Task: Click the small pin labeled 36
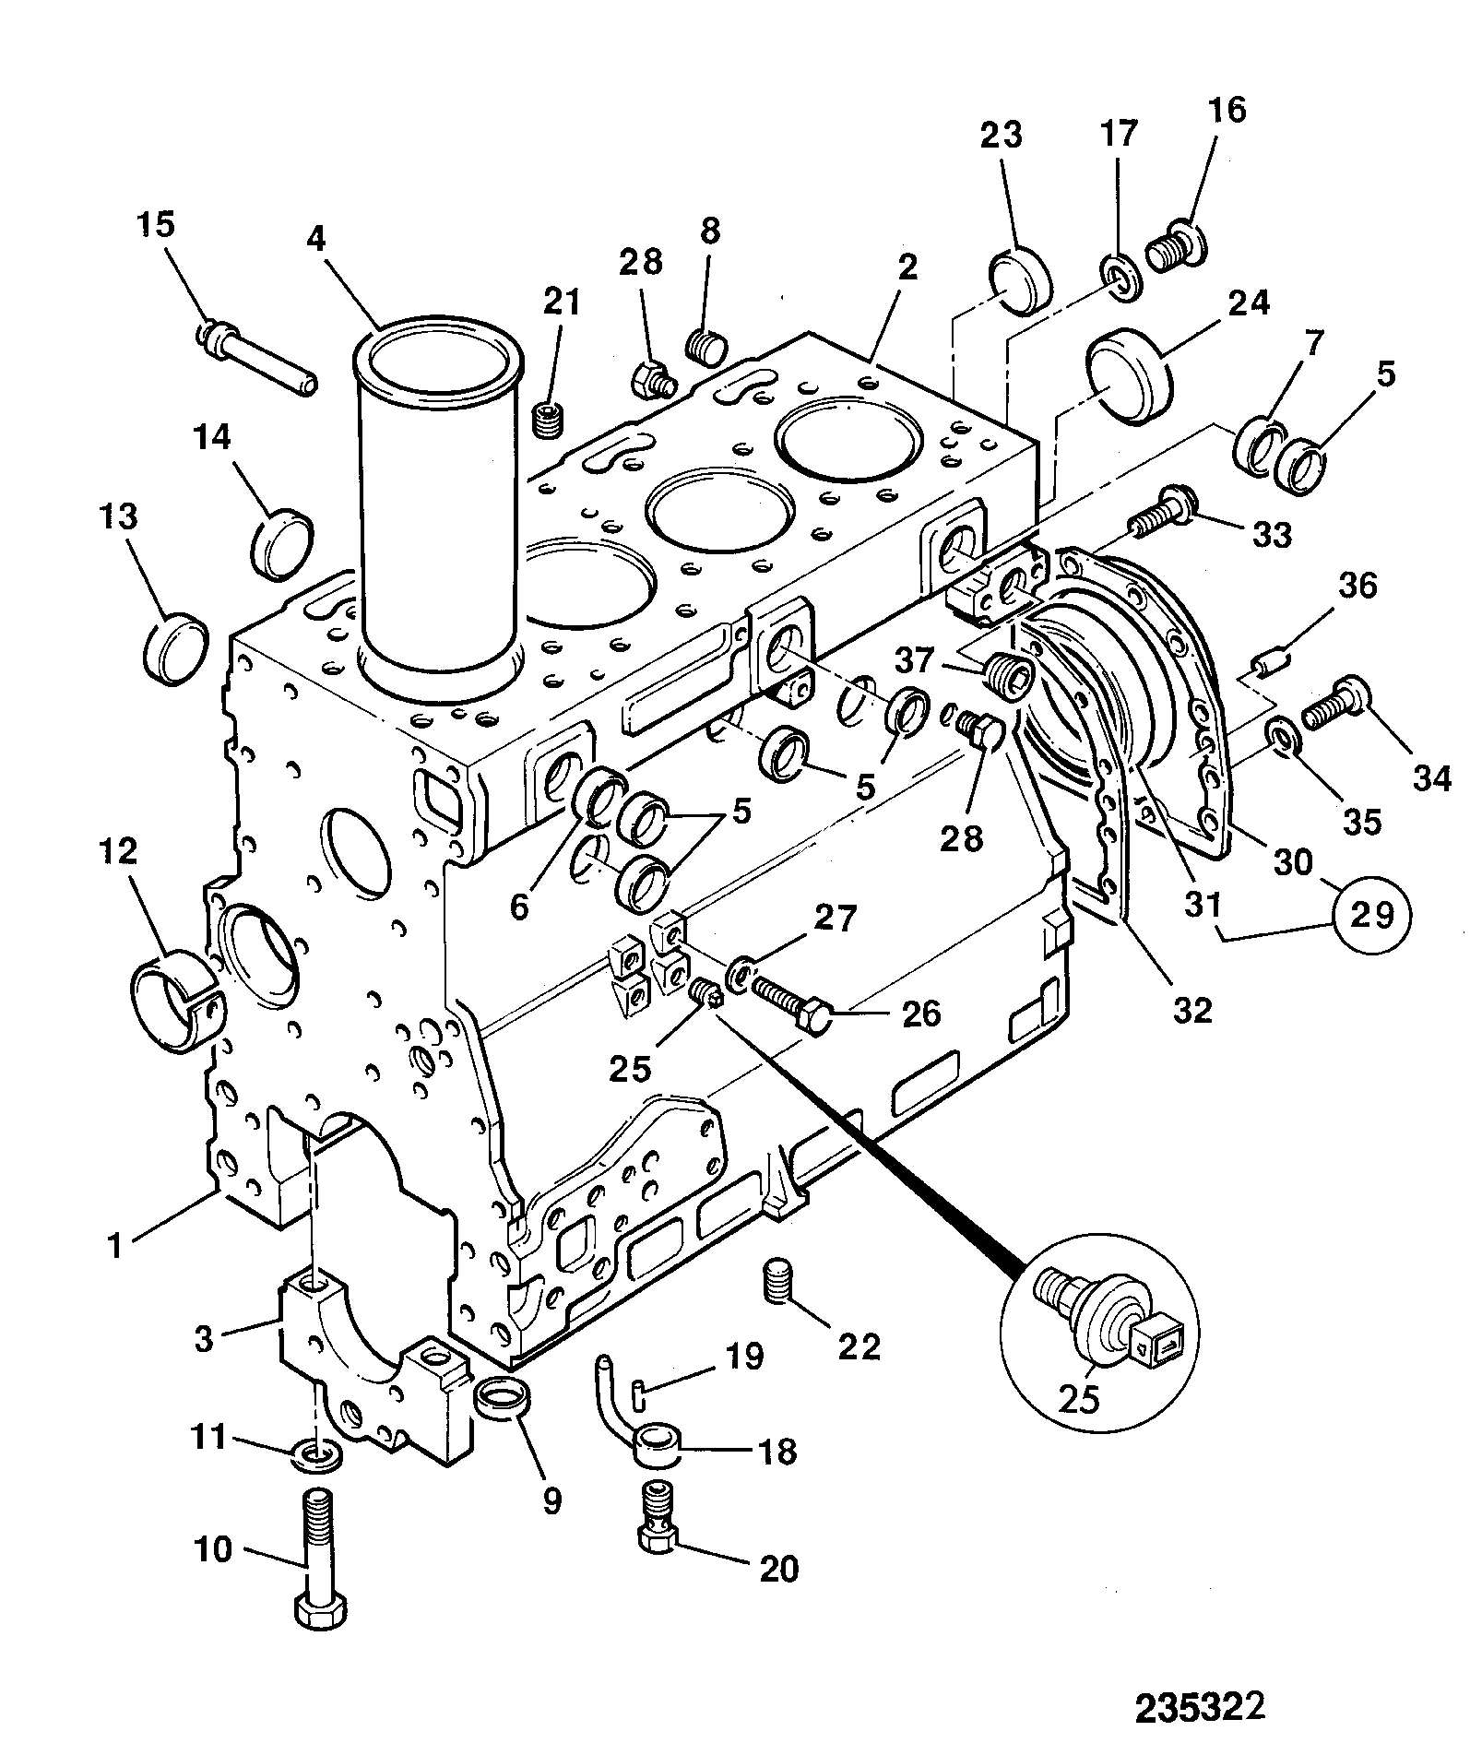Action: pos(1271,662)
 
